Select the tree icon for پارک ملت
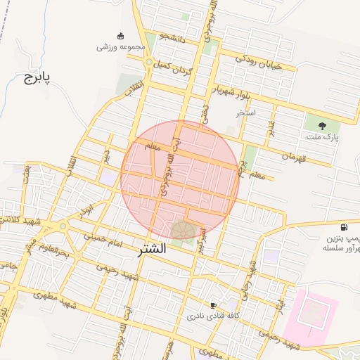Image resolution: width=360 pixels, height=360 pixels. (x=323, y=126)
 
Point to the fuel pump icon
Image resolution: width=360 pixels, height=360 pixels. (x=344, y=227)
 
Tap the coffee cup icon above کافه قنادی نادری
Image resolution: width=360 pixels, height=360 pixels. (x=213, y=305)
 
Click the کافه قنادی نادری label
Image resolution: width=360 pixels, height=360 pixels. (x=212, y=317)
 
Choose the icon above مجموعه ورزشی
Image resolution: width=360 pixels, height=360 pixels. (x=120, y=36)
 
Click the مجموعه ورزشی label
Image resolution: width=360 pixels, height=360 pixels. (x=120, y=47)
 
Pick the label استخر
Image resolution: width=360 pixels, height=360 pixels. (x=246, y=112)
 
